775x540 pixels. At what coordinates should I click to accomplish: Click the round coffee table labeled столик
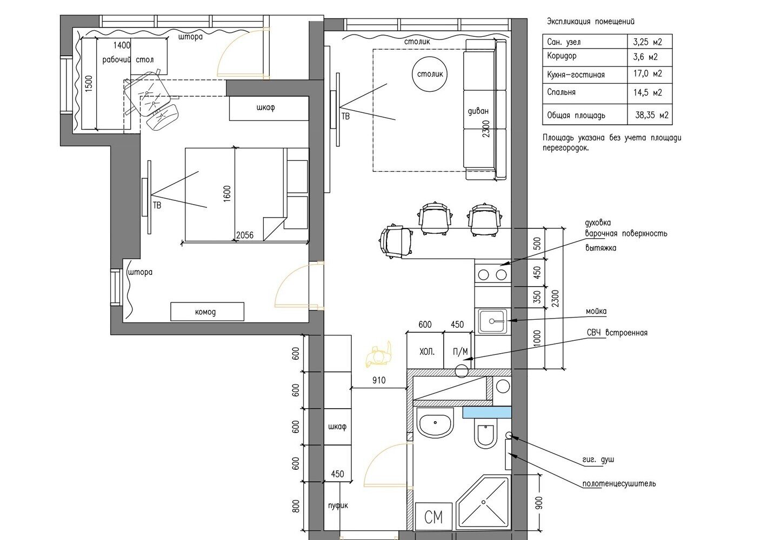click(430, 74)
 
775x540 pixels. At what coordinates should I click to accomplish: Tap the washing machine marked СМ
click(433, 516)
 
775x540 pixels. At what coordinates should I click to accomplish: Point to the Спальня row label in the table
click(561, 92)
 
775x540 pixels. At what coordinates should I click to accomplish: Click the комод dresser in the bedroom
click(207, 312)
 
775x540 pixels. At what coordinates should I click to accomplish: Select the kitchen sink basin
click(493, 321)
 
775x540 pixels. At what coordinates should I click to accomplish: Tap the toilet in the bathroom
click(485, 434)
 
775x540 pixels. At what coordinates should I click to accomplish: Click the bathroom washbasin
click(435, 423)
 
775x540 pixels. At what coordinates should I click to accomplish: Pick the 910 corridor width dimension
click(379, 381)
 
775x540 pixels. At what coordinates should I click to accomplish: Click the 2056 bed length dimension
click(245, 235)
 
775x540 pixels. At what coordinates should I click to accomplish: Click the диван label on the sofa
click(478, 111)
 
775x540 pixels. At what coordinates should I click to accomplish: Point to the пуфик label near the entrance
click(338, 506)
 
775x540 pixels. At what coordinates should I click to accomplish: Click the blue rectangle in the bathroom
click(487, 413)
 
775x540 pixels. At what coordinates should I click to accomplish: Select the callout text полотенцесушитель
click(619, 483)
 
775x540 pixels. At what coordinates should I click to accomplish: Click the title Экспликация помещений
click(591, 22)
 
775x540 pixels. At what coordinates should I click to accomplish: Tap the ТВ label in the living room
click(346, 117)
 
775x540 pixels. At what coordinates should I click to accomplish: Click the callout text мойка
click(596, 311)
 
